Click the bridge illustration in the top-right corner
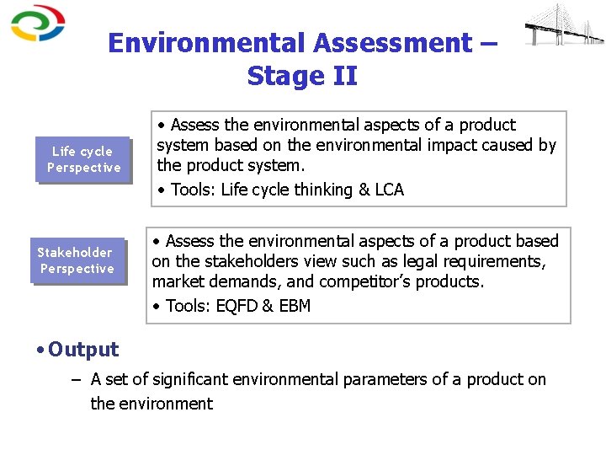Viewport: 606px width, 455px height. coord(563,27)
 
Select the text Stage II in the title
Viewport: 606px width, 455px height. coord(302,76)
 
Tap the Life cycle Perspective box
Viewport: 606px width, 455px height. coord(82,159)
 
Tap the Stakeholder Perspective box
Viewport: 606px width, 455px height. coord(77,260)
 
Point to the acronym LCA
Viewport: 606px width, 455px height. coord(389,190)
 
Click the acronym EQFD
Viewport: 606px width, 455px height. coord(236,306)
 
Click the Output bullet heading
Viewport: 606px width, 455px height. coord(82,350)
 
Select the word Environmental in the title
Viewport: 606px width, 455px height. coord(205,43)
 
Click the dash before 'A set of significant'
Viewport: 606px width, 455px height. coord(76,380)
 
